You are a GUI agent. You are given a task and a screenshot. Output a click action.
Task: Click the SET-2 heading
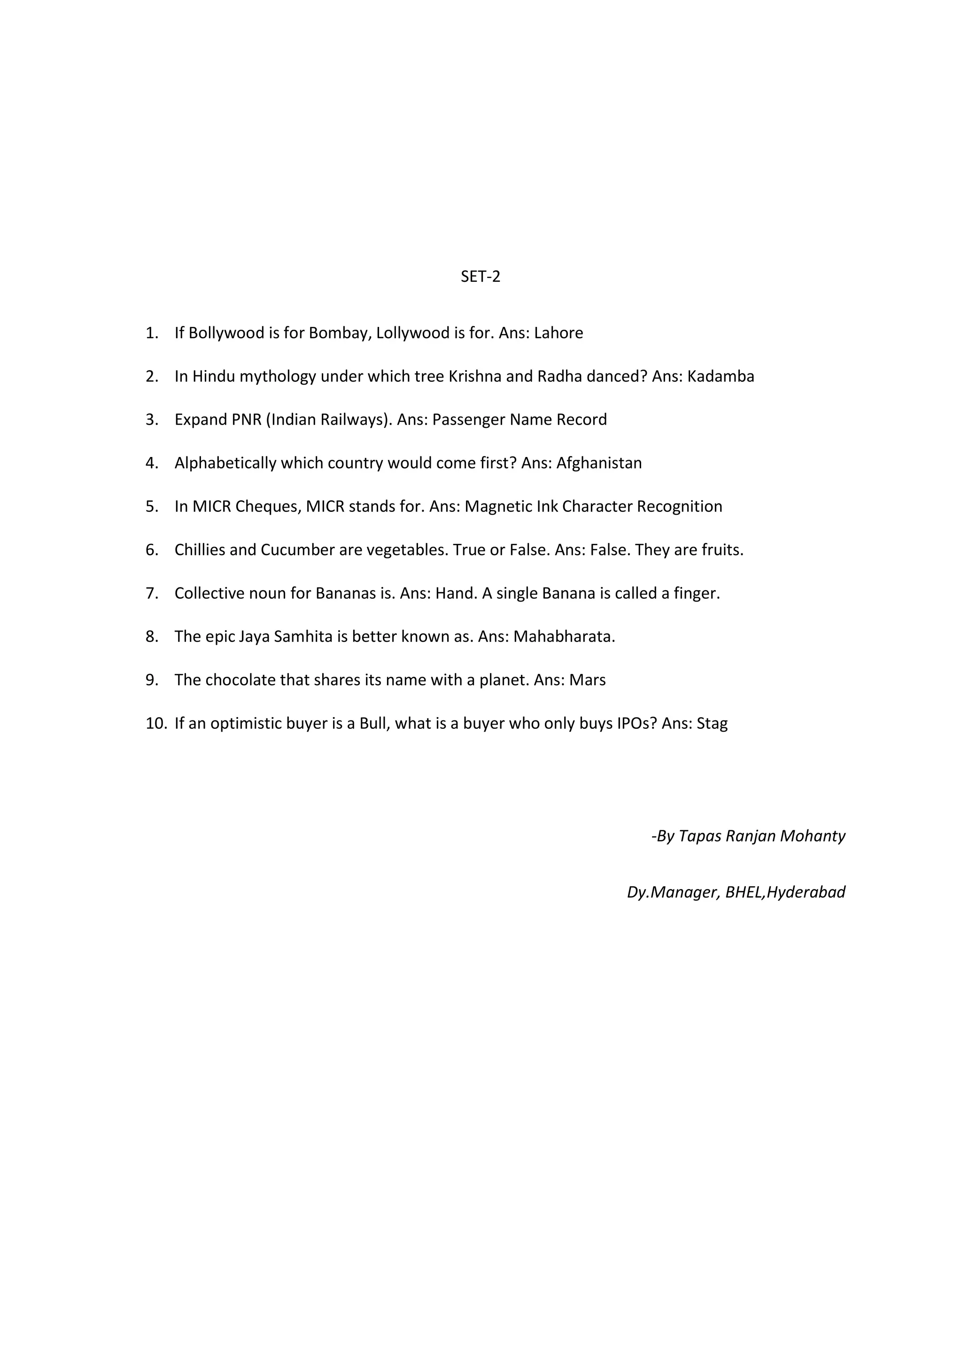(x=481, y=277)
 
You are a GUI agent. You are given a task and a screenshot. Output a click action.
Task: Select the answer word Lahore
(x=558, y=333)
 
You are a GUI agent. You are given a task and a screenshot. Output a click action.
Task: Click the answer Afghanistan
(x=599, y=463)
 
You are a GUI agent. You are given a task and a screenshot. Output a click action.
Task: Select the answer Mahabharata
(x=564, y=636)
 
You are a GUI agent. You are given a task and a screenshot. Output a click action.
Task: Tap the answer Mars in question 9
(x=587, y=680)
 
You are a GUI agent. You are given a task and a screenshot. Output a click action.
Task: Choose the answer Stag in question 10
(x=712, y=723)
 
